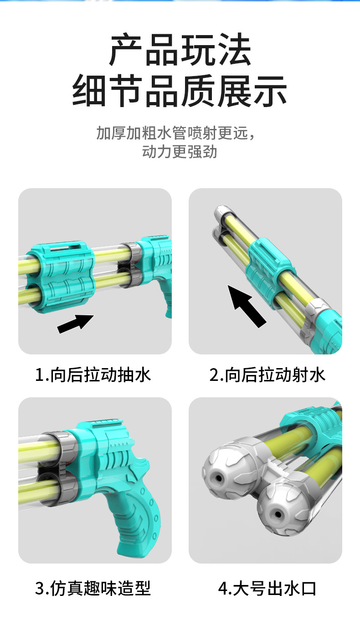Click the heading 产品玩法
[x=180, y=49]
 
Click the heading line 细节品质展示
[x=180, y=91]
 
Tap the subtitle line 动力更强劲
[x=180, y=152]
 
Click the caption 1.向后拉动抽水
[x=93, y=375]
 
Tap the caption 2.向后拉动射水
[x=267, y=375]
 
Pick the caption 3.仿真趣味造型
[x=93, y=588]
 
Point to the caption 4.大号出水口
[x=267, y=588]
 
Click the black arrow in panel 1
[x=76, y=324]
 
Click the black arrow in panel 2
[x=247, y=307]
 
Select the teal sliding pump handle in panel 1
[x=61, y=277]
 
